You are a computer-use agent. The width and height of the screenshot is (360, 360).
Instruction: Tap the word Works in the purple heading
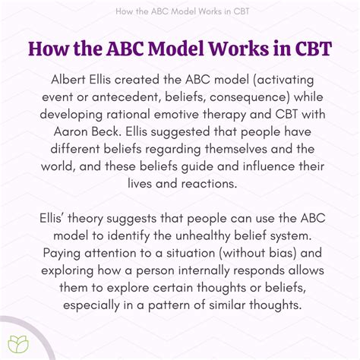(235, 46)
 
